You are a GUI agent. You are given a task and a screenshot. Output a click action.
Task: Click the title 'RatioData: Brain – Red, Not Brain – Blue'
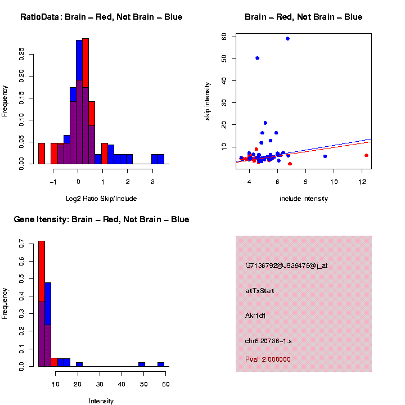click(101, 17)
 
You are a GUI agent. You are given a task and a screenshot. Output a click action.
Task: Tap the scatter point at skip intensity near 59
click(288, 39)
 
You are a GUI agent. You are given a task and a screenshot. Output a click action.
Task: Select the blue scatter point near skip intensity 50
click(258, 58)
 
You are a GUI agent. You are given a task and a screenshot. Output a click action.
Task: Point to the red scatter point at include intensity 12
click(366, 155)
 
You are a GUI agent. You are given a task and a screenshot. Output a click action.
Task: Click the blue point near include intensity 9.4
click(325, 156)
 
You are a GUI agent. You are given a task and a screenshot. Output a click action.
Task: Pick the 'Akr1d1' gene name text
click(255, 316)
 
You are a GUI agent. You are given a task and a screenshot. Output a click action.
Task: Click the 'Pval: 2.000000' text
click(268, 359)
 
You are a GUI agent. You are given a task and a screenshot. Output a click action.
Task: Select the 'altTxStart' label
click(260, 291)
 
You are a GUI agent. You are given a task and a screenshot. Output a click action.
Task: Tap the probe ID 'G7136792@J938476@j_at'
click(286, 265)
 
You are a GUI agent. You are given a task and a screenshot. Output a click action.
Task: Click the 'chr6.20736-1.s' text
click(268, 341)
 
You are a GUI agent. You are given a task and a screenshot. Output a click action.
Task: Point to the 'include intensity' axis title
click(304, 199)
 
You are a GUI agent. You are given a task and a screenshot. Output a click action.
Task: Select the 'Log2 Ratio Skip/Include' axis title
click(101, 199)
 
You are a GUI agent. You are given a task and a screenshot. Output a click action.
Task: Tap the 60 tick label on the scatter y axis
click(224, 36)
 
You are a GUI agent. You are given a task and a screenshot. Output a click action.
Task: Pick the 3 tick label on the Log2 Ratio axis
click(152, 181)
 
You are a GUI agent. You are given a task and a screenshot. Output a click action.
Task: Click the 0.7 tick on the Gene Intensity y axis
click(21, 244)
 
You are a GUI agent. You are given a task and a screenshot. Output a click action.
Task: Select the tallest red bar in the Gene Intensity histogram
click(42, 270)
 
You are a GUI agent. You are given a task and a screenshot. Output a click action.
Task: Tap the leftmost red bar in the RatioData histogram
click(42, 153)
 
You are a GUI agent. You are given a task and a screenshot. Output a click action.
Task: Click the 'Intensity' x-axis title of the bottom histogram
click(101, 401)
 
